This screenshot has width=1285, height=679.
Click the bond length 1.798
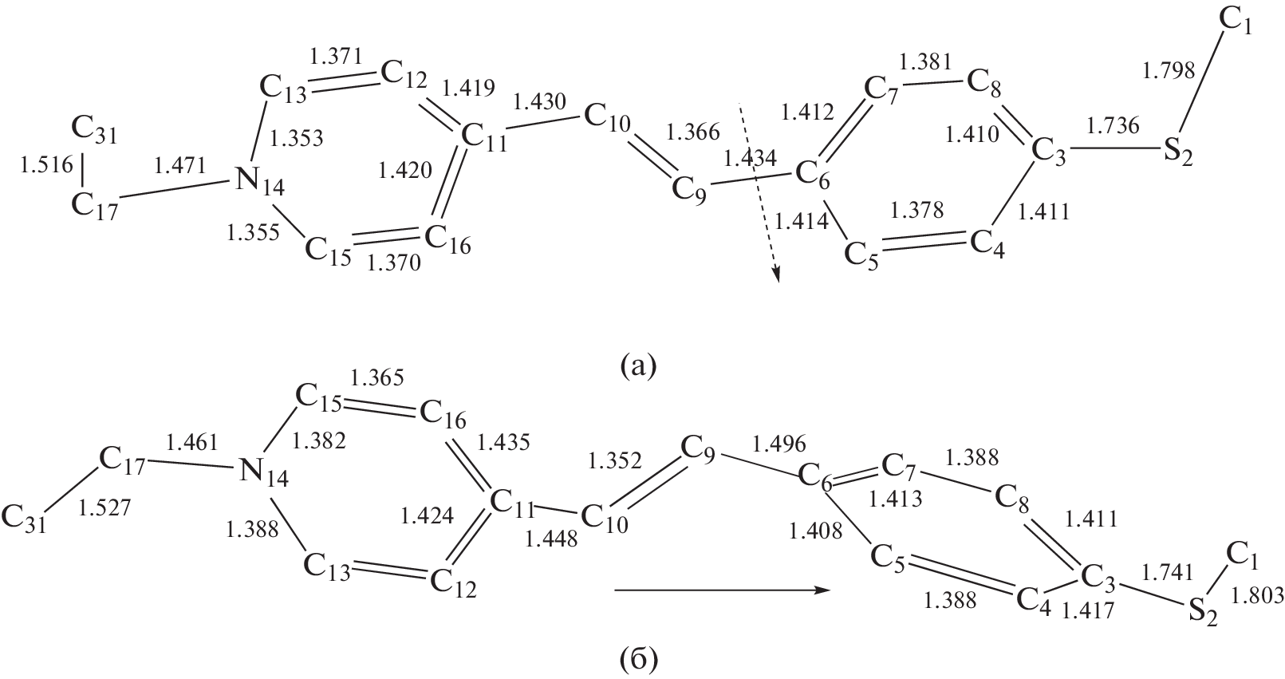(1169, 70)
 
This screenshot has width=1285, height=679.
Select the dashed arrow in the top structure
(759, 193)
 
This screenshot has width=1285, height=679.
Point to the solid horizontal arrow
(722, 590)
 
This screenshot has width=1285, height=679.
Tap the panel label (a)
(638, 365)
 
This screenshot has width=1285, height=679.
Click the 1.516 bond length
(47, 164)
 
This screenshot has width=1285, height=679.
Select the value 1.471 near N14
(179, 165)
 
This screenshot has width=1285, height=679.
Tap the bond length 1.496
(779, 443)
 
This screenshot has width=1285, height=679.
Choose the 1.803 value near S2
(1257, 596)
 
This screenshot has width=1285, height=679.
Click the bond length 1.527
(104, 507)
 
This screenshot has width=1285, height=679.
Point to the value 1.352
(614, 460)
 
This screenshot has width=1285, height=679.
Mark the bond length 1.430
(539, 101)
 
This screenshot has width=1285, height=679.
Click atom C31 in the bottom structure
(23, 519)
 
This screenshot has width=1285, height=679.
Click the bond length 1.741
(1167, 572)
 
